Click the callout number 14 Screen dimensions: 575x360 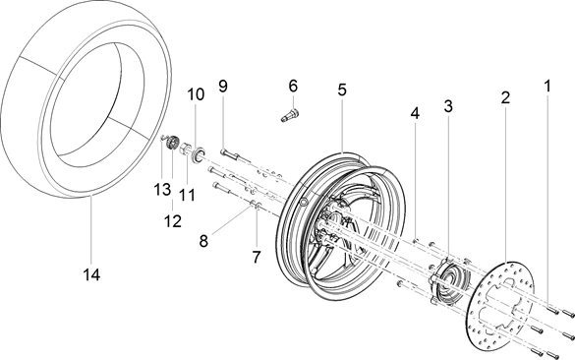(91, 274)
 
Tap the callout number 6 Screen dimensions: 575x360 (293, 86)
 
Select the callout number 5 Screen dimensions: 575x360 (342, 90)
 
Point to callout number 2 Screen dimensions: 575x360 (505, 97)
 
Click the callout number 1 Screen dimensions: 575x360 (547, 87)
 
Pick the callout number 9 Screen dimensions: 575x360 (223, 86)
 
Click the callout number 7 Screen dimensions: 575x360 (257, 257)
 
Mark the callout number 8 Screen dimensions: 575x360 (203, 241)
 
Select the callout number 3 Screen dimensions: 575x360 (448, 106)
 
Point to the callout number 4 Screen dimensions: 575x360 (415, 113)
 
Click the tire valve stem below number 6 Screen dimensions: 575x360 (289, 115)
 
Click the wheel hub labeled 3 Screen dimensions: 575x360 (448, 279)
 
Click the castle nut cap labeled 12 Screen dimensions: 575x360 (172, 143)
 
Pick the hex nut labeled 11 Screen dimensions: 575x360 (184, 149)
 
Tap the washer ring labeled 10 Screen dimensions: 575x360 (199, 153)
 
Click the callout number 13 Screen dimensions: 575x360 (162, 190)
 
